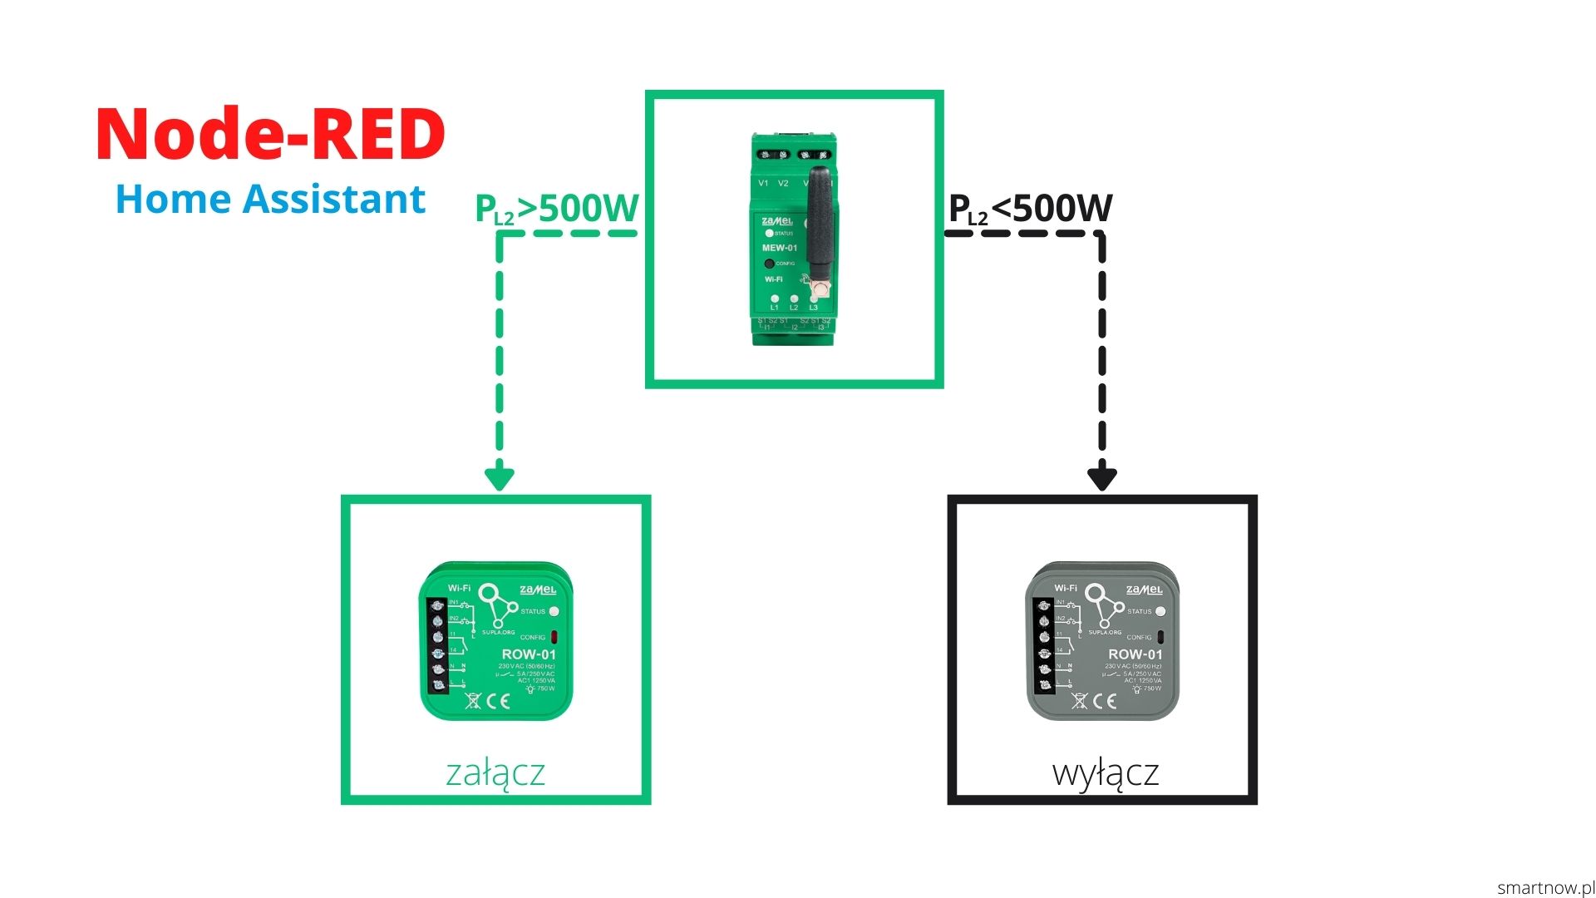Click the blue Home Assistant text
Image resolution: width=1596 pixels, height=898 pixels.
[x=270, y=200]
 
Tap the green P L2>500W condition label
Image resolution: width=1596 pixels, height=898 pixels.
[x=556, y=209]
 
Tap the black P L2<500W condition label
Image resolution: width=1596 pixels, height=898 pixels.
[x=1030, y=209]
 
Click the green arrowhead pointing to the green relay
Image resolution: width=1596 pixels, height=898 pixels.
[x=500, y=478]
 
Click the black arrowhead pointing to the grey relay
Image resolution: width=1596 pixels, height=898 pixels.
[x=1101, y=478]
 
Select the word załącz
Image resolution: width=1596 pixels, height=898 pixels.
[x=495, y=772]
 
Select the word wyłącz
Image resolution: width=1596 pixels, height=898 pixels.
[x=1105, y=772]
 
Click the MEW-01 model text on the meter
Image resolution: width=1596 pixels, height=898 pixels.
[x=779, y=248]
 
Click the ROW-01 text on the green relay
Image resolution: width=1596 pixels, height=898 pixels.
[x=529, y=654]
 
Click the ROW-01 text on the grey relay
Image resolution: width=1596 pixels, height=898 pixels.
[x=1135, y=654]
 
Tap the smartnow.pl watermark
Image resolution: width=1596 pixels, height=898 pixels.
[x=1545, y=888]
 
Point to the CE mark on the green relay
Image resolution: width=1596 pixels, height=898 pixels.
[x=498, y=701]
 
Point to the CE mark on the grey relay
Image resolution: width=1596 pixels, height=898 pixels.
[x=1105, y=701]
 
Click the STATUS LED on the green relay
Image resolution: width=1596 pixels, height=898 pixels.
[x=554, y=611]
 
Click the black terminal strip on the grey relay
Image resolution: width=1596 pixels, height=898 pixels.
[x=1045, y=644]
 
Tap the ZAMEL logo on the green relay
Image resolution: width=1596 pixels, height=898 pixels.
[x=538, y=590]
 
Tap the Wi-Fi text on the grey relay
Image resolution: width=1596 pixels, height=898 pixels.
[x=1066, y=588]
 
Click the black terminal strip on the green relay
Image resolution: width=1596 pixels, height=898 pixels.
[x=438, y=644]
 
